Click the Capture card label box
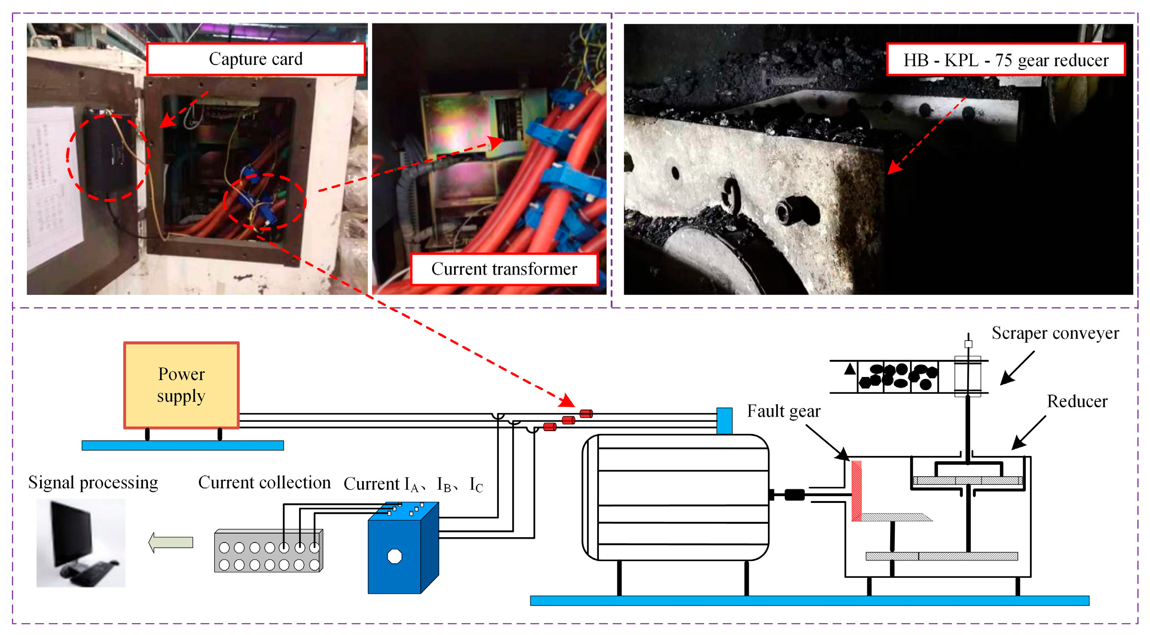255,59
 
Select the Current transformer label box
504,269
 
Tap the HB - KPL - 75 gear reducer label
1005,60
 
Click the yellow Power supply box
181,385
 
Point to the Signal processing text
93,483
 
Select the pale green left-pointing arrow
171,542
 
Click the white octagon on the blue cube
395,556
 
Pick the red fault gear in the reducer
856,491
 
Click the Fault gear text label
783,411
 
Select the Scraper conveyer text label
1055,333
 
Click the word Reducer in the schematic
1076,401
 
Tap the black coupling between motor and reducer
794,495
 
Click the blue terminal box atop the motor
724,420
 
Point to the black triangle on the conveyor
850,369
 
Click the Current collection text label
264,483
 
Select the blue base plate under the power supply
183,446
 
